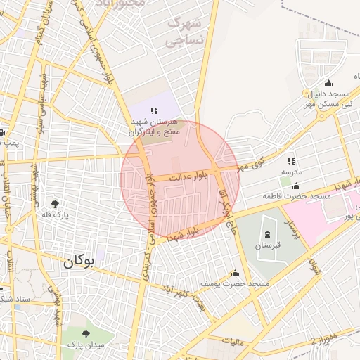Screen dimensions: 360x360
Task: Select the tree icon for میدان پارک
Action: pyautogui.click(x=86, y=335)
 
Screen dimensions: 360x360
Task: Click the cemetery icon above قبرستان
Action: pyautogui.click(x=267, y=233)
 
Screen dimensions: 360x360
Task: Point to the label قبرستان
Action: pyautogui.click(x=267, y=245)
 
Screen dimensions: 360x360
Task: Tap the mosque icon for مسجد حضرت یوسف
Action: pyautogui.click(x=235, y=274)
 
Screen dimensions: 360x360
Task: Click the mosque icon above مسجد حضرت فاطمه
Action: pyautogui.click(x=296, y=186)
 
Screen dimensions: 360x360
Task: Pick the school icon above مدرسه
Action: pyautogui.click(x=291, y=161)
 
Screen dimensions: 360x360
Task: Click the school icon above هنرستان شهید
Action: pyautogui.click(x=155, y=110)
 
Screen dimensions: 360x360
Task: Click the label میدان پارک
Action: pyautogui.click(x=86, y=345)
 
